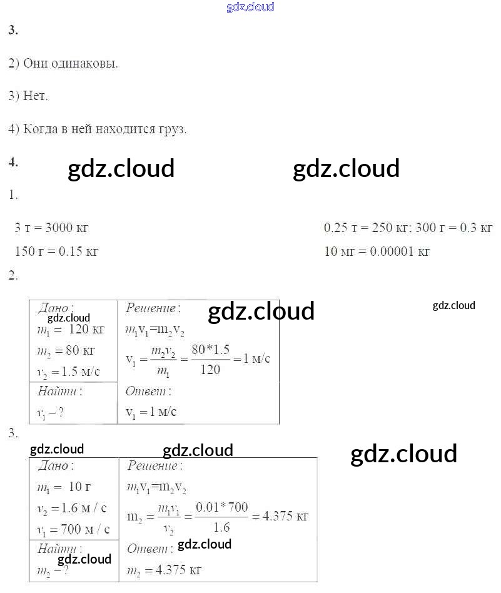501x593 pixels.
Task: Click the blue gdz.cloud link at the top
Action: pos(250,7)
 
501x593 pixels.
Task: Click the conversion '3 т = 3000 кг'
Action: pos(51,228)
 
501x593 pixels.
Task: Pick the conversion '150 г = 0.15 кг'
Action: pos(56,252)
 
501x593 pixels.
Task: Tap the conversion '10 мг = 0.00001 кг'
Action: pos(377,252)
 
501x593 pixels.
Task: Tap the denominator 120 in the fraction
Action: pos(210,370)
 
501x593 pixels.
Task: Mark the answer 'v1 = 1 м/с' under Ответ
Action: pos(151,412)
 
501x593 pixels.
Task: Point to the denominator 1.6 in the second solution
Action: pos(221,527)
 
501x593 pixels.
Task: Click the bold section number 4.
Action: pos(13,162)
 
